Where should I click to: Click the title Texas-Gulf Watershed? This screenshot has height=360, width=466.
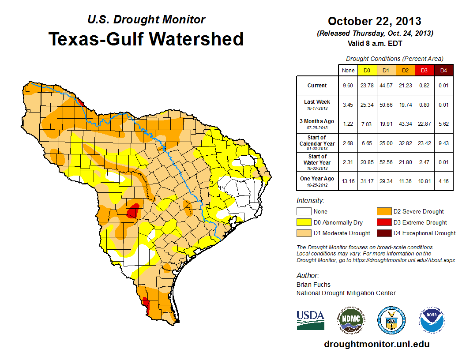point(146,39)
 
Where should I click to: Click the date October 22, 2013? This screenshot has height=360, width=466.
point(374,21)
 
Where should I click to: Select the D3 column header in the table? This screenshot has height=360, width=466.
point(424,70)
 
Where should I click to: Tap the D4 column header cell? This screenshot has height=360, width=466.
point(443,70)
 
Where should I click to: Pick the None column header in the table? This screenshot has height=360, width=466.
point(348,70)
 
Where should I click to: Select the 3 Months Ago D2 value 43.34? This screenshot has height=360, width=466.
point(405,124)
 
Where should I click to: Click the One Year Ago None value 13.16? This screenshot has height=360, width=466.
point(348,181)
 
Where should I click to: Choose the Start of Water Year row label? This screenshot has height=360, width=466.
point(317,162)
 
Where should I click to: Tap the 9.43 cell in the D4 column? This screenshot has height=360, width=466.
point(443,143)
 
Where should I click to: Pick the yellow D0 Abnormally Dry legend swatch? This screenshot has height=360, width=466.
point(304,222)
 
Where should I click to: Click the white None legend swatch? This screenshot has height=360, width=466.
point(304,212)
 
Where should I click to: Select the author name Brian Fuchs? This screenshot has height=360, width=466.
point(313,285)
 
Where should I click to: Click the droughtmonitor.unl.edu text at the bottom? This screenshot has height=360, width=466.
point(376,344)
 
